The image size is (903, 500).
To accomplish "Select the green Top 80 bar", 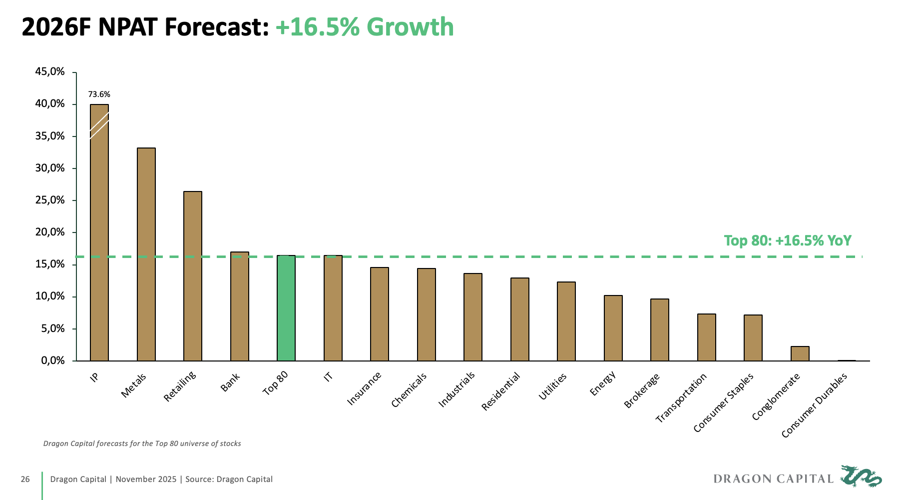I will pyautogui.click(x=286, y=308).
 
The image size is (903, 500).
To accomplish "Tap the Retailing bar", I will pyautogui.click(x=193, y=276).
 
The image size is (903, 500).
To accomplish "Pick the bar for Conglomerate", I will pyautogui.click(x=800, y=353).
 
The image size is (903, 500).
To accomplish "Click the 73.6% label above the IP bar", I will pyautogui.click(x=99, y=94).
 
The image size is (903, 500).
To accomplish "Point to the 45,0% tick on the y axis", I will pyautogui.click(x=50, y=72).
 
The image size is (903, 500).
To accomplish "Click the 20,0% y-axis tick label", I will pyautogui.click(x=50, y=232).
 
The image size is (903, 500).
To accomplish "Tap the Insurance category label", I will pyautogui.click(x=364, y=389).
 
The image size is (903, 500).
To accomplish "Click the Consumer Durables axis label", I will pyautogui.click(x=815, y=405).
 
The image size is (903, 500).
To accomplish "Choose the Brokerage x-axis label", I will pyautogui.click(x=642, y=390).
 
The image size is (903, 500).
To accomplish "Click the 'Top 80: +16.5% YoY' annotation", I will pyautogui.click(x=788, y=241).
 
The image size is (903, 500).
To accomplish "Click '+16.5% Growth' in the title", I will pyautogui.click(x=365, y=27).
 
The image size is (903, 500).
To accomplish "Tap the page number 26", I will pyautogui.click(x=25, y=479).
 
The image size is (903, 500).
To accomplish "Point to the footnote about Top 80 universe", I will pyautogui.click(x=142, y=443).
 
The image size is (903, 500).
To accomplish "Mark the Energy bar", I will pyautogui.click(x=613, y=328).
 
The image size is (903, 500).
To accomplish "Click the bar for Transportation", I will pyautogui.click(x=706, y=337).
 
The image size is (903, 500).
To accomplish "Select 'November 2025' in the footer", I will pyautogui.click(x=146, y=479).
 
